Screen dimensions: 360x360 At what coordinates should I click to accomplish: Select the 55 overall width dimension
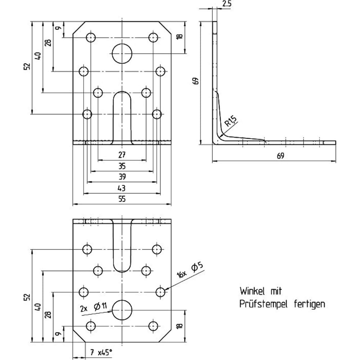tap(122, 199)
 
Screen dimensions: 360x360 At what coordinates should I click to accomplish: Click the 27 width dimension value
tap(122, 155)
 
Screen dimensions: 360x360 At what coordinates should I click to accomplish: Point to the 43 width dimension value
tap(122, 188)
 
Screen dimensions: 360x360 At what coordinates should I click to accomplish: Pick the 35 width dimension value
tap(122, 166)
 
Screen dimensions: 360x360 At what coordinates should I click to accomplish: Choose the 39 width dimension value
tap(122, 177)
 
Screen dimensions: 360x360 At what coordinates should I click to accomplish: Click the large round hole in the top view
tap(122, 54)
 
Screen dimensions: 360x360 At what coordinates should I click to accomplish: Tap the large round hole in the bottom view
tap(122, 310)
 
